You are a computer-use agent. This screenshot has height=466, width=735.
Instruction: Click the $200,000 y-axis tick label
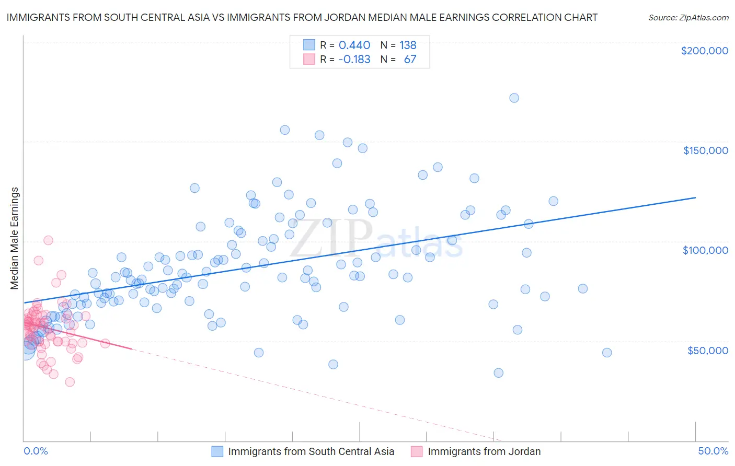(x=704, y=51)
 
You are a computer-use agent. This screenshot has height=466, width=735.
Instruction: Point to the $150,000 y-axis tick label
(x=705, y=150)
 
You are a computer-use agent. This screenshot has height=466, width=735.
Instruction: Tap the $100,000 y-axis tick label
(x=705, y=250)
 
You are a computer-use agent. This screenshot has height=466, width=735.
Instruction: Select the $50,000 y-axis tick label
(x=707, y=350)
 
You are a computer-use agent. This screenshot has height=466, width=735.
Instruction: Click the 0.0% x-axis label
(x=36, y=451)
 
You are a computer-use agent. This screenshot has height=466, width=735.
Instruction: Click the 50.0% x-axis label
(x=713, y=451)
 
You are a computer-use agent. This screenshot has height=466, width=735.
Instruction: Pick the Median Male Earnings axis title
(x=15, y=238)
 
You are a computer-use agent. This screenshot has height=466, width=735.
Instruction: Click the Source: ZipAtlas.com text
(x=688, y=17)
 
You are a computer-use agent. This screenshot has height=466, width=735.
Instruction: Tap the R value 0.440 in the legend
(x=354, y=45)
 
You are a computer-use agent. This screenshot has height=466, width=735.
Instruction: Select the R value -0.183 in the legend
(x=354, y=59)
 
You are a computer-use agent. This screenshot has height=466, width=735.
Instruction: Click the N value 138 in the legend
(x=408, y=45)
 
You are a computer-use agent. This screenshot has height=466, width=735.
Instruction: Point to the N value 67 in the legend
(x=410, y=59)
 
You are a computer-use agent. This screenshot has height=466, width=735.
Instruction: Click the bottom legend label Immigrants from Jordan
(x=484, y=451)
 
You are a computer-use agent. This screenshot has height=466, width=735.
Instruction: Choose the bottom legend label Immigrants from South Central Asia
(x=311, y=451)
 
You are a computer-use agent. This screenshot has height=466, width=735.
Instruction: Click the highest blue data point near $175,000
(x=514, y=98)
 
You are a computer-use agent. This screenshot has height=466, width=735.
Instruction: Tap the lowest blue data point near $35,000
(x=498, y=372)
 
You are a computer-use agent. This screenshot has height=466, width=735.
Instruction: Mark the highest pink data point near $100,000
(x=48, y=240)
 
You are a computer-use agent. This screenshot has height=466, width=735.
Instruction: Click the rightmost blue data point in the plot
(x=606, y=353)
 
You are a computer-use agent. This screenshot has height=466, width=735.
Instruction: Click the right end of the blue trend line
(x=695, y=197)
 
